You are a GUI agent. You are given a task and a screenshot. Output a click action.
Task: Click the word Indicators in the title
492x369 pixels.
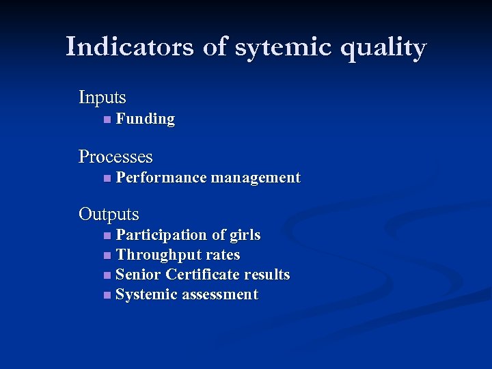coord(129,47)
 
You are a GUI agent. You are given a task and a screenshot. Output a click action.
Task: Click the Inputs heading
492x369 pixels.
coord(102,98)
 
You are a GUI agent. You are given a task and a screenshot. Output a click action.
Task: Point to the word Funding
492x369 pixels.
coord(146,119)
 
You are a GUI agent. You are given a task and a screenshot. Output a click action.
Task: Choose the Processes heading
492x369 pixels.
coord(115,156)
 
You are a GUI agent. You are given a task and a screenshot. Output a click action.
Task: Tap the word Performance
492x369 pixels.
coord(161,178)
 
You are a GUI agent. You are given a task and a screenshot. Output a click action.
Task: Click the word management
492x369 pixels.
coord(256,178)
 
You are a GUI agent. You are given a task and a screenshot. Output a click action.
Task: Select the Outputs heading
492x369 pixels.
coord(109,215)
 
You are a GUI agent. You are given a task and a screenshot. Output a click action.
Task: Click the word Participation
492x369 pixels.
coord(161,235)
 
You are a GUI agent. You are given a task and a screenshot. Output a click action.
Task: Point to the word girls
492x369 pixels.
coord(245,235)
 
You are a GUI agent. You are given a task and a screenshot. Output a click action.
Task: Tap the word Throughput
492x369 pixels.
coord(154,255)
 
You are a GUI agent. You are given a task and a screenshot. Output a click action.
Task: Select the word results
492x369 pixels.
coord(266,275)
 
